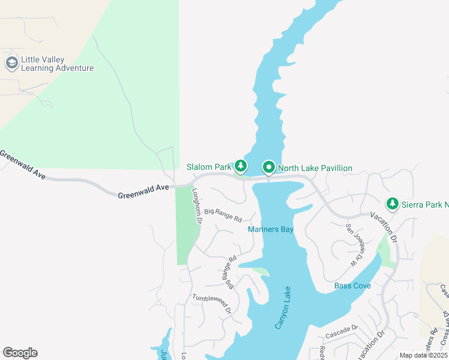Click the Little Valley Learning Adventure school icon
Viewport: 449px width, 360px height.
[x=11, y=63]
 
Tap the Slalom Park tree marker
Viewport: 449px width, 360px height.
[x=241, y=166]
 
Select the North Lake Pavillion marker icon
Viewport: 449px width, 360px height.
[x=268, y=167]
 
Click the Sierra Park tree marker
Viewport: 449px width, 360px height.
[x=393, y=204]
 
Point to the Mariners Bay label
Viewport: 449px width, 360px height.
[x=271, y=229]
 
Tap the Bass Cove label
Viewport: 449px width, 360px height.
[x=352, y=286]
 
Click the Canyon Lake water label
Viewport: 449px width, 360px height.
[x=283, y=307]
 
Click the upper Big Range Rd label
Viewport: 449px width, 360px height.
[x=223, y=214]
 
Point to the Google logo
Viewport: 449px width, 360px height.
[x=20, y=353]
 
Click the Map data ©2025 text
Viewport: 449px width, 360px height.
[x=423, y=355]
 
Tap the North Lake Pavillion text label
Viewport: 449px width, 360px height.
[x=315, y=168]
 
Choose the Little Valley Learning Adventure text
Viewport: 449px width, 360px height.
[x=57, y=64]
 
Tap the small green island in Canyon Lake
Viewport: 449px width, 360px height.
[x=261, y=271]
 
